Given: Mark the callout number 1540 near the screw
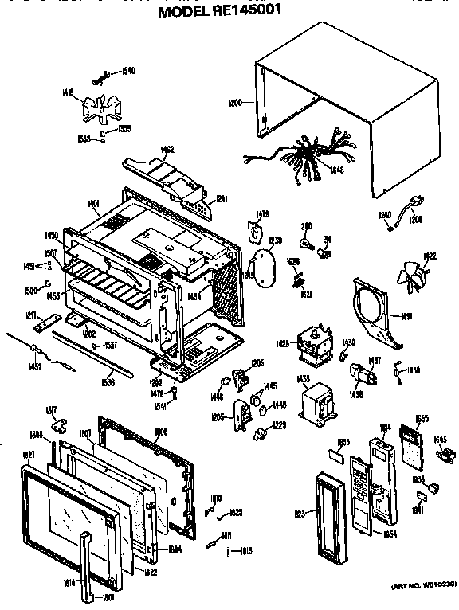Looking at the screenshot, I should coord(128,71).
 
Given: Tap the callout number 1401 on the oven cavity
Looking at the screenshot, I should coord(94,205).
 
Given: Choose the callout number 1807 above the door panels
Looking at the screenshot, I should coord(85,434).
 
